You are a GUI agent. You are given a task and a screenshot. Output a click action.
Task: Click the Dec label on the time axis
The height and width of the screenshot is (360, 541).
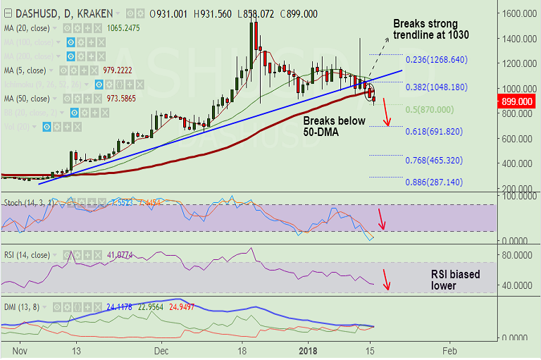pos(162,349)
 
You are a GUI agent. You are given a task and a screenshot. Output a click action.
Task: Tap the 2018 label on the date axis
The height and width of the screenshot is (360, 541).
pos(308,349)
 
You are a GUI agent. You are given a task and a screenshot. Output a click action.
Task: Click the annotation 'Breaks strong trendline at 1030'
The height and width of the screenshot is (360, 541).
pos(431,28)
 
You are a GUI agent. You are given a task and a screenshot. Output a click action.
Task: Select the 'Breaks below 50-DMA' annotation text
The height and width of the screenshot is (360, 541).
pos(335,127)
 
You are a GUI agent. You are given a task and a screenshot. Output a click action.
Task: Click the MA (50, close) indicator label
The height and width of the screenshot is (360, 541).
pos(25,98)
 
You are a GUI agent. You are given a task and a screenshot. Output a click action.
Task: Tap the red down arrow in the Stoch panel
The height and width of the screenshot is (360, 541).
pos(382,218)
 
